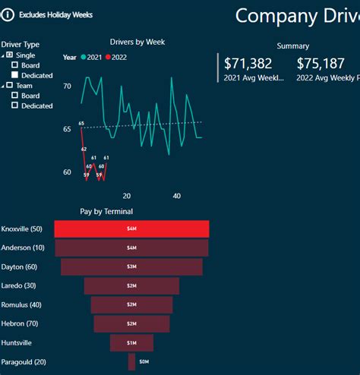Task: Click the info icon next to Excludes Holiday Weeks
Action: point(8,14)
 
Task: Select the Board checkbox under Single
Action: point(15,65)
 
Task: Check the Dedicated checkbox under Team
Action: point(15,106)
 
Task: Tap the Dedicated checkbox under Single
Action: point(15,75)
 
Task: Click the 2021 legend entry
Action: point(93,57)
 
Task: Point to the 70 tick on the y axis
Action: point(67,87)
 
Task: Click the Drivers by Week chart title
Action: point(137,42)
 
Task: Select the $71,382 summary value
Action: point(248,64)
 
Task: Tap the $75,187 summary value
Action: point(321,64)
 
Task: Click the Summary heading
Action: point(292,46)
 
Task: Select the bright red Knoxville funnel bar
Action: point(131,228)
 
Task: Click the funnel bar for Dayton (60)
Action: point(131,267)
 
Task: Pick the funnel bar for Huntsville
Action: point(131,343)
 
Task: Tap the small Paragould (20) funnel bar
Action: point(131,362)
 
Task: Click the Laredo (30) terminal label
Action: point(20,285)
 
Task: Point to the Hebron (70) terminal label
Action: point(21,323)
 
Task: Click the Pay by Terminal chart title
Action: point(106,212)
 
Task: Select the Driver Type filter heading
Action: point(21,45)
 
